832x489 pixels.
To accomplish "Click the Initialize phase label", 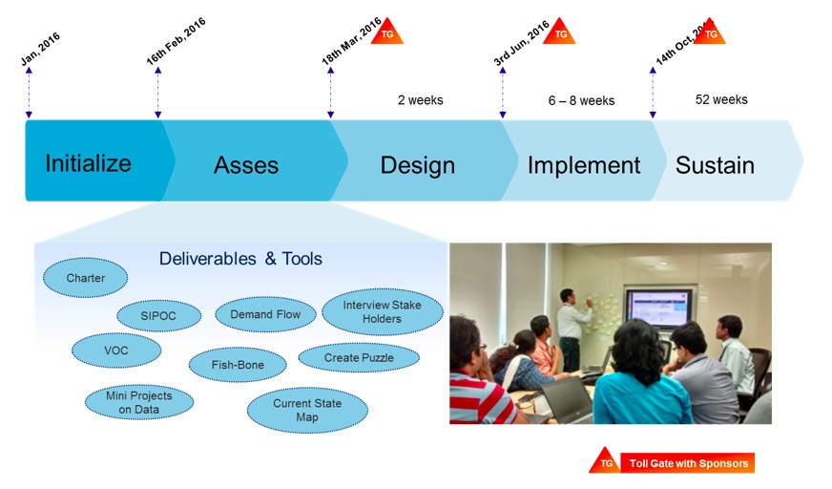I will tap(88, 163).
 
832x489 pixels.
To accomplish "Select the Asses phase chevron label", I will tap(246, 165).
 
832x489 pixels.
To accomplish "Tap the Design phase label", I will tap(417, 165).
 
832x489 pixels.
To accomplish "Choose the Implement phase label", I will tap(584, 165).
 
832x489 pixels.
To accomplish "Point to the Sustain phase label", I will tap(715, 165).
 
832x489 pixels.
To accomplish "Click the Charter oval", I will tap(85, 278).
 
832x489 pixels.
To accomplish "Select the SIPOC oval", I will tap(159, 315).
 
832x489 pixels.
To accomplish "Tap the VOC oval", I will tap(115, 350).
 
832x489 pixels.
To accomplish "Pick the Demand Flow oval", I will tap(265, 314).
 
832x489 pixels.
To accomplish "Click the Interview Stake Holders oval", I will tap(382, 311).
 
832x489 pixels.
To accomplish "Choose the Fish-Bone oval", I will tap(239, 365).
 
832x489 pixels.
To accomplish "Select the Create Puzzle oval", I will tap(359, 357).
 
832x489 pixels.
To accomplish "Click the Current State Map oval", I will tap(306, 410).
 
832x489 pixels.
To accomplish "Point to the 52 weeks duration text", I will tap(721, 99).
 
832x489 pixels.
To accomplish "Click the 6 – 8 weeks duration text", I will tap(581, 100).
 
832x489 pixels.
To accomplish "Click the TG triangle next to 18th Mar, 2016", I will tap(386, 32).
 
